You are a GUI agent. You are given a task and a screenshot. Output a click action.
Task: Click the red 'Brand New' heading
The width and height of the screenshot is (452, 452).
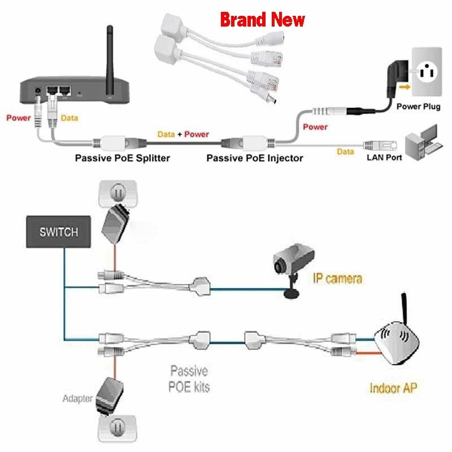pos(262,20)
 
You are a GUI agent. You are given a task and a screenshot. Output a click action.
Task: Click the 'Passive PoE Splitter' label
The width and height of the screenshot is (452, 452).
pos(121,158)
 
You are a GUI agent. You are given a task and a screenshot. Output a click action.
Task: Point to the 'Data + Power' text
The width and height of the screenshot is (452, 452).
pos(182,134)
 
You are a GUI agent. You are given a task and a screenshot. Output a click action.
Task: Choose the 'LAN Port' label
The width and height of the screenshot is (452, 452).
pos(384,158)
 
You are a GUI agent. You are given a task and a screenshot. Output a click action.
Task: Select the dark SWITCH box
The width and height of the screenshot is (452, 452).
pos(59,232)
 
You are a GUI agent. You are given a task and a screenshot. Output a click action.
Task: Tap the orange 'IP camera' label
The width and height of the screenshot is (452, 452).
pos(337,277)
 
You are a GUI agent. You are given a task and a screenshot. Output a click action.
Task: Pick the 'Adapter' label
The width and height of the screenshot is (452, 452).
pos(77,399)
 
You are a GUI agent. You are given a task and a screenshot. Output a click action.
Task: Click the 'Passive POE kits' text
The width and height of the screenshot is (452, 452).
pos(189,379)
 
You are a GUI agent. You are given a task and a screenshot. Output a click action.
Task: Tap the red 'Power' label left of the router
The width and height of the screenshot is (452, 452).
pos(18,119)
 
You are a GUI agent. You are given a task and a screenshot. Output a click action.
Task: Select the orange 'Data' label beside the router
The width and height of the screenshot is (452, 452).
pos(69,119)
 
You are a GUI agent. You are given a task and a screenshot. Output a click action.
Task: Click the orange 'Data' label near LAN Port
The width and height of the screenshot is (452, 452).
pos(345,151)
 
